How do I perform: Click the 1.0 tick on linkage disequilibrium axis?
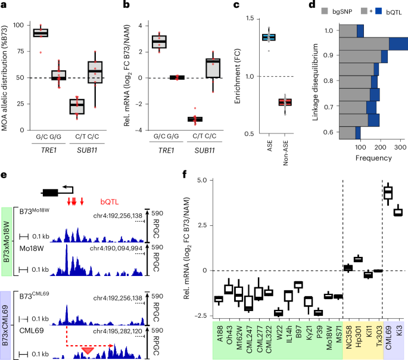tap(326, 30)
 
